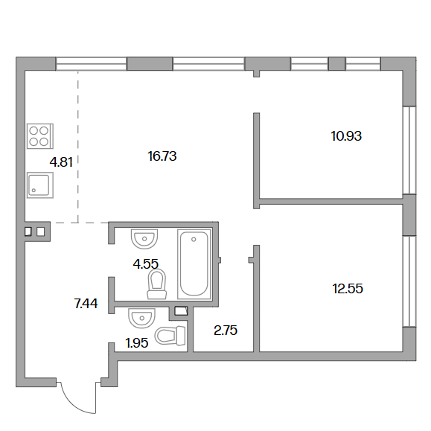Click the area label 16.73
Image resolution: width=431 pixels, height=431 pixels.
click(162, 156)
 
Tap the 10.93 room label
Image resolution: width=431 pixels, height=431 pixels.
click(346, 136)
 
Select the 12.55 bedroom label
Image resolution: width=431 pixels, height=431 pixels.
click(348, 289)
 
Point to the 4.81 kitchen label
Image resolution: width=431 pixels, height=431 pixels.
click(61, 162)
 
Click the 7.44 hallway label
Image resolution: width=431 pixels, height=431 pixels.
click(86, 304)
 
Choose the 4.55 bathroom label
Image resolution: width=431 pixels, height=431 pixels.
click(146, 264)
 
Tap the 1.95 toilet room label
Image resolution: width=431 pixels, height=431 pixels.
click(137, 342)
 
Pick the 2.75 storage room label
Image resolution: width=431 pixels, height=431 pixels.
click(226, 330)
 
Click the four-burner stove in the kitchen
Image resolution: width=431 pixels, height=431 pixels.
click(40, 136)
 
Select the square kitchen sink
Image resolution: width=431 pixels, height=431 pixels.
click(40, 185)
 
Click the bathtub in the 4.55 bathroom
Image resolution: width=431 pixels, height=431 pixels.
click(194, 264)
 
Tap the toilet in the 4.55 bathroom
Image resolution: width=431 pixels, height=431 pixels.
click(157, 284)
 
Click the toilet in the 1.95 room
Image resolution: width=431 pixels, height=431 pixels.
click(170, 335)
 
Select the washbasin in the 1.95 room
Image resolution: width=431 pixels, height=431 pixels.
click(141, 318)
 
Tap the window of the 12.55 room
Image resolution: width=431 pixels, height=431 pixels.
click(409, 281)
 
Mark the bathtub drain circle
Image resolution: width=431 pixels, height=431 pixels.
click(194, 240)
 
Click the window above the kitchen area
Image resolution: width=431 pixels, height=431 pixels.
click(92, 64)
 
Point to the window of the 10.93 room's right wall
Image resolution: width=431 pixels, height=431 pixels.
click(409, 150)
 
